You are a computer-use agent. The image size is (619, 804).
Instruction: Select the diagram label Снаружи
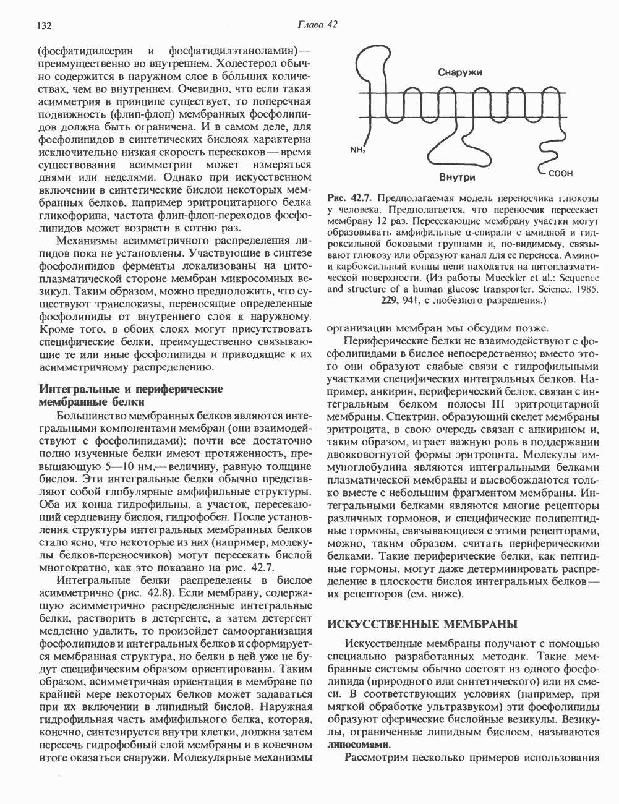click(460, 72)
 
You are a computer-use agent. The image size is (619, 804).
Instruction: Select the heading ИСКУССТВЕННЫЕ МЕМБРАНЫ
click(421, 623)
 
